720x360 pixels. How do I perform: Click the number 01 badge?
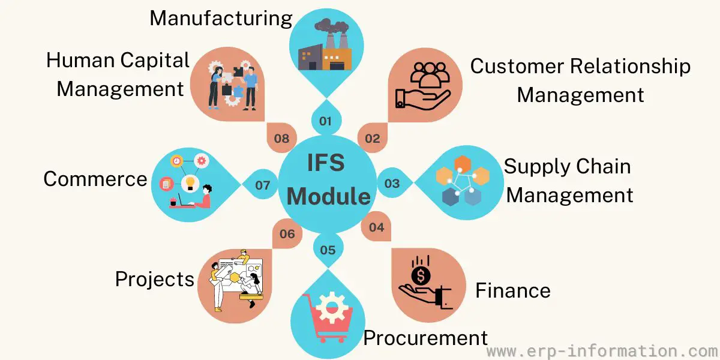coord(326,121)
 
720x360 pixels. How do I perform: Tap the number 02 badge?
coord(373,138)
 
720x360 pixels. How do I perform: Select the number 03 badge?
coord(392,183)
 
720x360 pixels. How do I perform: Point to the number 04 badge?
coord(376,227)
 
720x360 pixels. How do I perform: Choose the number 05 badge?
coord(328,250)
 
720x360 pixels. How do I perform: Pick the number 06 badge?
coord(287,233)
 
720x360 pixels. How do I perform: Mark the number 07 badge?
coord(262,185)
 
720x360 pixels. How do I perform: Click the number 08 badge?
coord(281,138)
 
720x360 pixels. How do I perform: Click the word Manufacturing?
coord(221,19)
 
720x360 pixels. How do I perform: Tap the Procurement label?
coord(425,338)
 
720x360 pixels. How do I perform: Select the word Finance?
coord(512,290)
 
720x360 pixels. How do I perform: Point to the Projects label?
coord(155,280)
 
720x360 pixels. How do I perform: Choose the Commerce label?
coord(95,179)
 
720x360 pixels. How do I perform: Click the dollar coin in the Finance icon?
coord(421,275)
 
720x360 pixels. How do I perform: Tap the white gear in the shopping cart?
coord(332,308)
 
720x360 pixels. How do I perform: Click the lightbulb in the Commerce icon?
coord(190,183)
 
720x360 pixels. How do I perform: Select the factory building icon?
coord(325,44)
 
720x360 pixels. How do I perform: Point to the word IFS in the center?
coord(326,163)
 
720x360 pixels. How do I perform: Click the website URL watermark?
coord(603,352)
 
